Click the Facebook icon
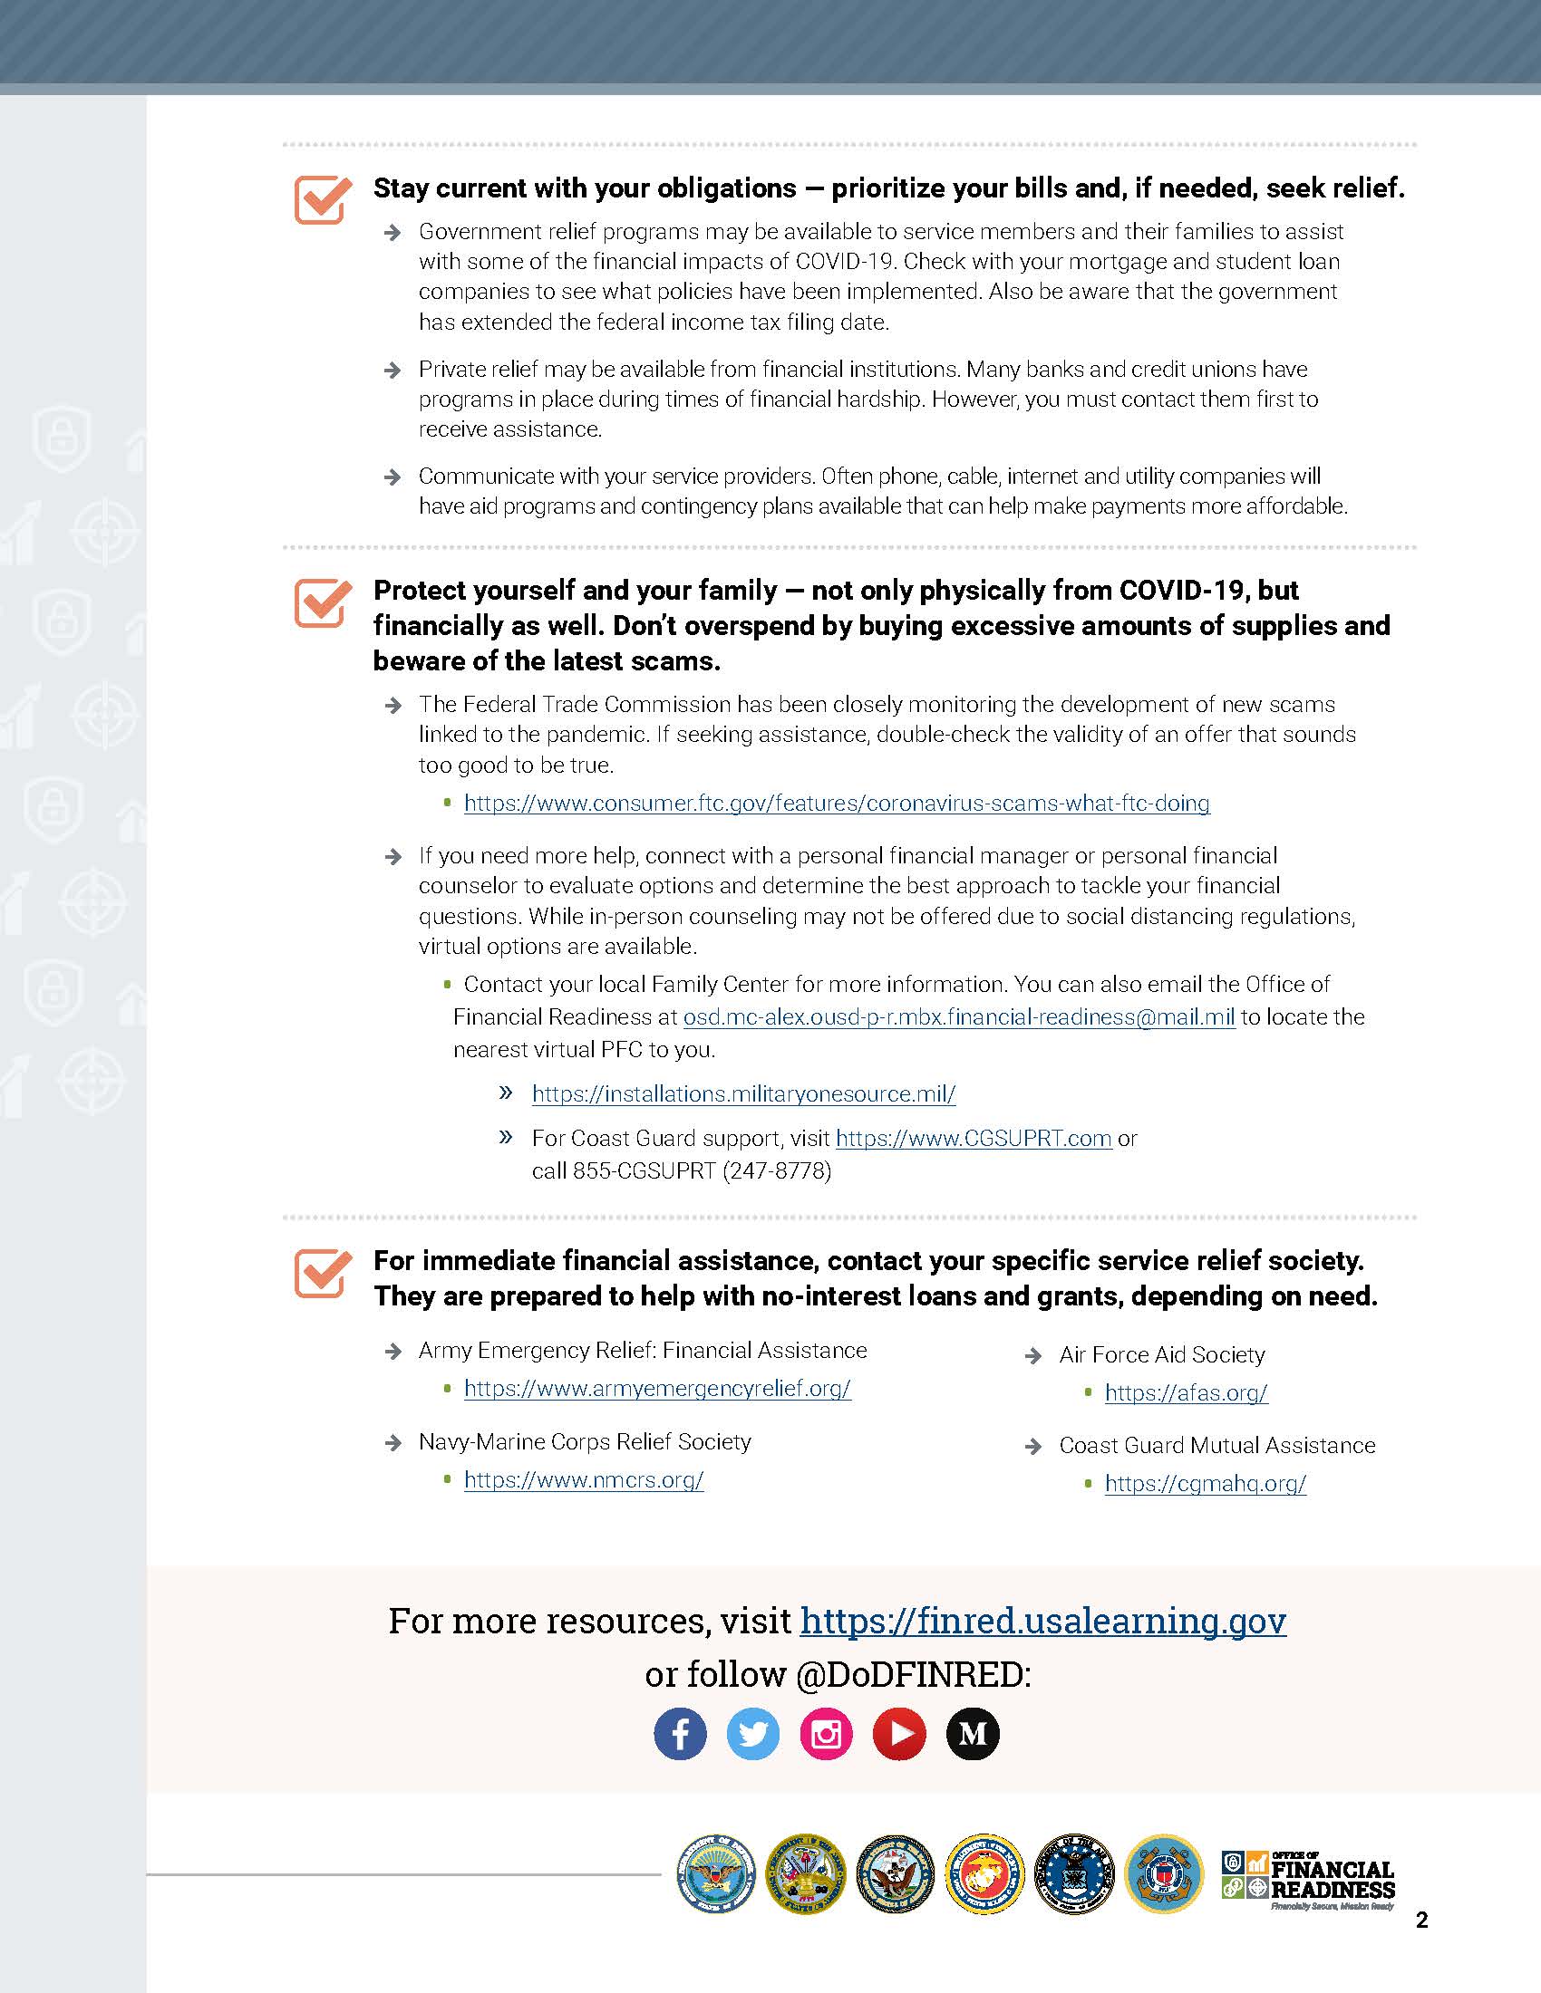click(680, 1733)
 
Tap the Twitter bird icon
click(753, 1733)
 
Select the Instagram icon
click(826, 1733)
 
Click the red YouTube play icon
click(899, 1733)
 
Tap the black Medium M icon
click(973, 1733)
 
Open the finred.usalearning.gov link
click(1042, 1620)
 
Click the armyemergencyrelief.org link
click(657, 1388)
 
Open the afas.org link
click(1186, 1392)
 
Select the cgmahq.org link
click(1205, 1483)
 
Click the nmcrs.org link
click(584, 1479)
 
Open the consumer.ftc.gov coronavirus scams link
click(837, 803)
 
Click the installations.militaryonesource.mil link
click(743, 1093)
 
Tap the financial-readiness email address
click(958, 1016)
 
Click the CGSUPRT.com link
click(974, 1138)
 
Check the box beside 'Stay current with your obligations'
click(323, 199)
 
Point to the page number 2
click(1421, 1920)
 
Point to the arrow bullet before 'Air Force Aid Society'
click(1033, 1356)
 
